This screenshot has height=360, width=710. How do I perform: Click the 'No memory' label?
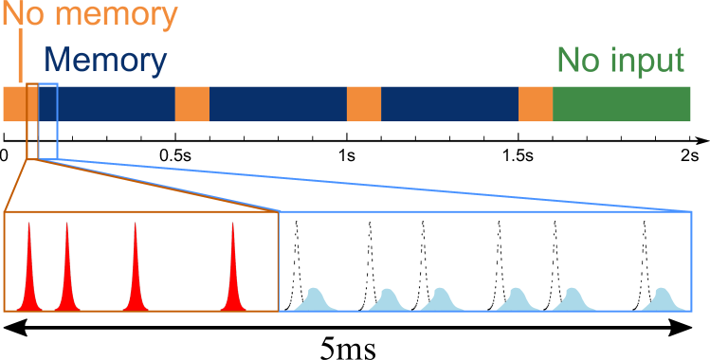pos(91,15)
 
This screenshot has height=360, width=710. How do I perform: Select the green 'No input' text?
pos(620,61)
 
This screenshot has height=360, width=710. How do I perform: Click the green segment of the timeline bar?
pos(621,103)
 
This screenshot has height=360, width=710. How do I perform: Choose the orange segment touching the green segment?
pos(536,103)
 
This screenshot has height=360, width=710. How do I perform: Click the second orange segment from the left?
pos(192,103)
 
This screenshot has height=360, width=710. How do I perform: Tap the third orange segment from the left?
pos(364,103)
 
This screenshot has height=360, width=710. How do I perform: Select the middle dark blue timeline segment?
pos(278,103)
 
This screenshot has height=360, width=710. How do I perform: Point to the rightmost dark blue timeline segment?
pos(449,103)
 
